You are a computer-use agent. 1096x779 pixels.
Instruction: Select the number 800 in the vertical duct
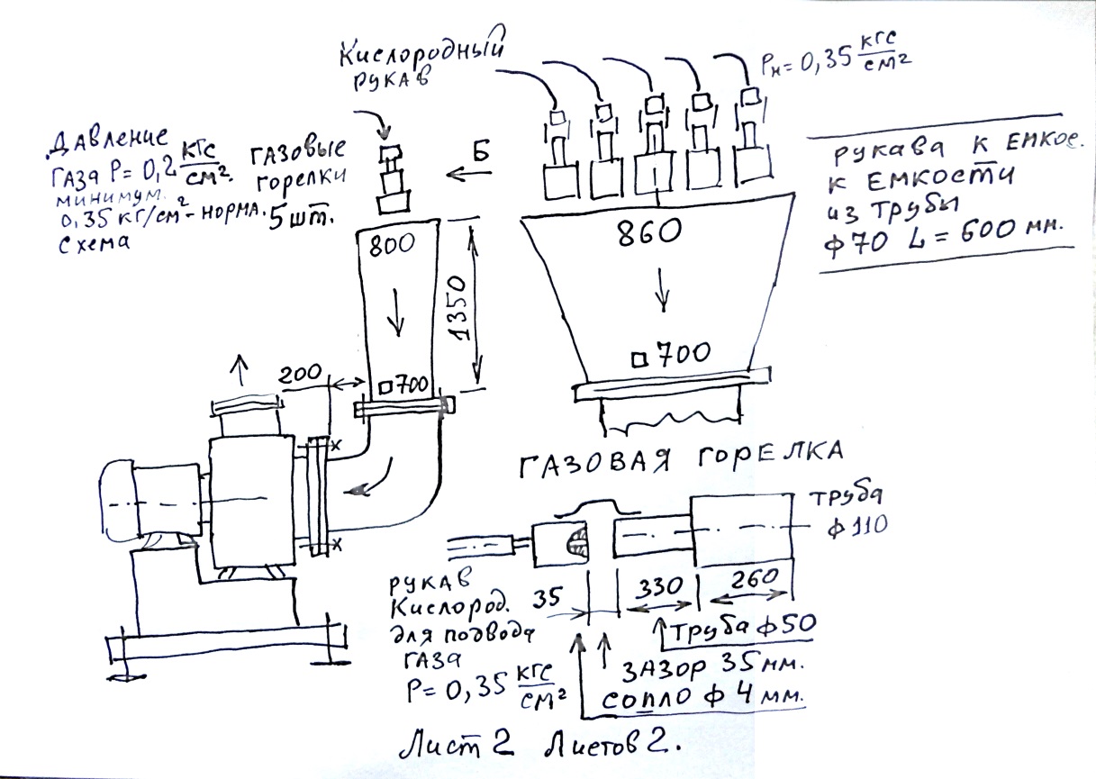coord(387,243)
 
